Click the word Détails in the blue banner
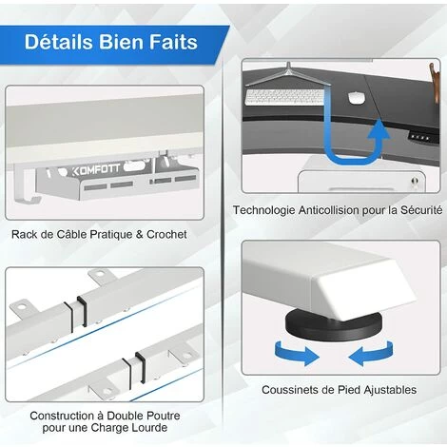[59, 42]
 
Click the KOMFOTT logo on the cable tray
[96, 169]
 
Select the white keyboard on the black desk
[284, 97]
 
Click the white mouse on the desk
[356, 97]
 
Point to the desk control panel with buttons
[419, 138]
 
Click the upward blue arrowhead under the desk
[379, 130]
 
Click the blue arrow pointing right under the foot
[297, 353]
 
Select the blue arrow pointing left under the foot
[371, 353]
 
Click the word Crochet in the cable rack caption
[166, 234]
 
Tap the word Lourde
[150, 427]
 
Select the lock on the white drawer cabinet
[415, 182]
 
